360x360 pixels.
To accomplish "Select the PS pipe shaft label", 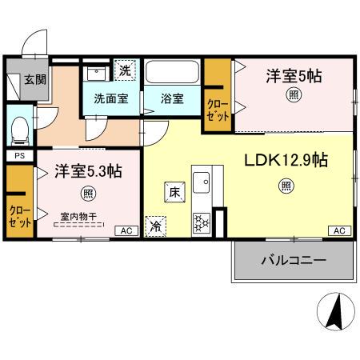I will (18, 155).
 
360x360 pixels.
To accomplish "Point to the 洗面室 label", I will (111, 99).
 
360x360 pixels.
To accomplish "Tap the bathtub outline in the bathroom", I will (172, 72).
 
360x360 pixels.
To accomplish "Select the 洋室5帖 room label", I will (294, 77).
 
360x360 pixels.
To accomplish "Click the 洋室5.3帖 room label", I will (87, 171).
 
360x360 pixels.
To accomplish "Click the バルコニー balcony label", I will (293, 261).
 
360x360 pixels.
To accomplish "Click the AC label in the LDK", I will (339, 230).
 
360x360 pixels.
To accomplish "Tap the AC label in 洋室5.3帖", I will (125, 230).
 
